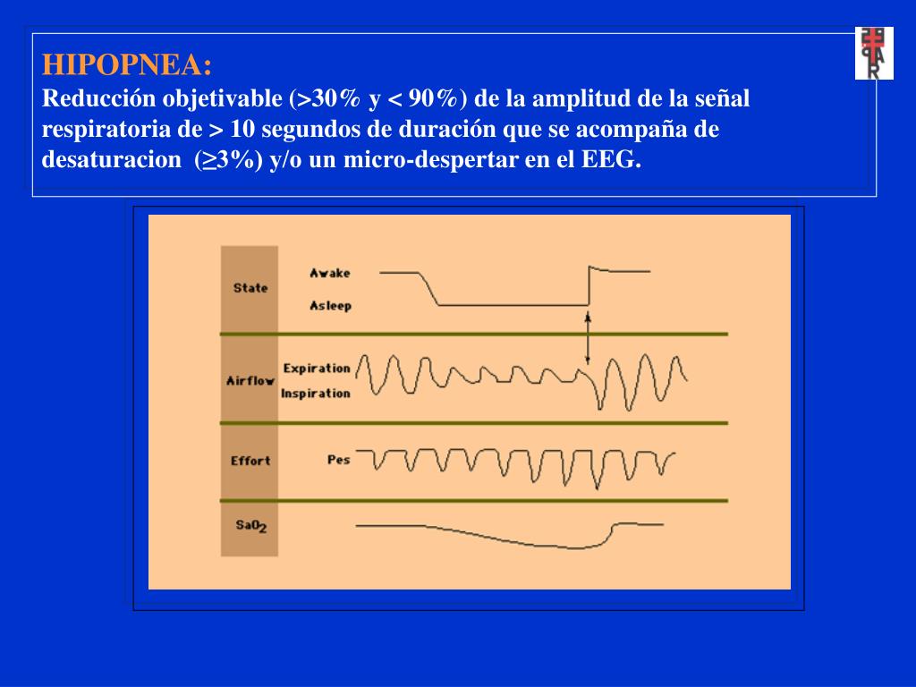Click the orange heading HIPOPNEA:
tap(128, 65)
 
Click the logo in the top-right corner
tap(874, 54)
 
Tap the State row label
tap(250, 288)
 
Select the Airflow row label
tap(250, 380)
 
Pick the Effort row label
tap(250, 461)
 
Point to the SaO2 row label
tap(250, 526)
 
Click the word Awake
tap(330, 273)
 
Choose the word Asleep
tap(330, 306)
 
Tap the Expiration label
tap(317, 368)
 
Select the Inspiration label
tap(316, 394)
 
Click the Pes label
tap(338, 460)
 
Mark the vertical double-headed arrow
tap(588, 338)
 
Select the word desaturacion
tap(111, 161)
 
